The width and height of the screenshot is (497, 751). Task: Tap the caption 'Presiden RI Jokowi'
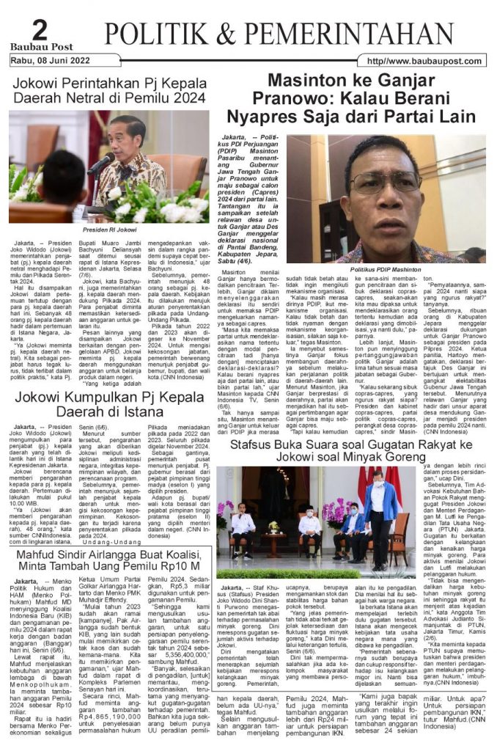(110, 229)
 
